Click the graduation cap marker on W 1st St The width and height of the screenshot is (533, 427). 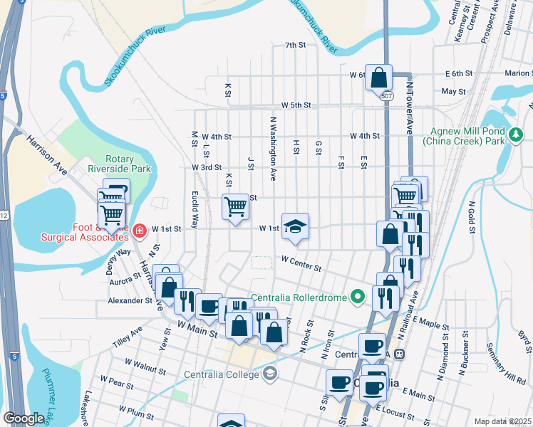296,226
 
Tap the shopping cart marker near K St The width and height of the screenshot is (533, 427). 236,207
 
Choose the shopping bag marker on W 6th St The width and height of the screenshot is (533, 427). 379,77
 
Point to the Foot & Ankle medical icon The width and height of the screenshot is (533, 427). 139,229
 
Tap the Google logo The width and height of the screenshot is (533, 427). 24,418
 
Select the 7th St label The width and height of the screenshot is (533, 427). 294,45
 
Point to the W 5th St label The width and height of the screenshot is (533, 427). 296,105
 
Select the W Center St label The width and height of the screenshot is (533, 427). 301,264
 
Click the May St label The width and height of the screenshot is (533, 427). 453,92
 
